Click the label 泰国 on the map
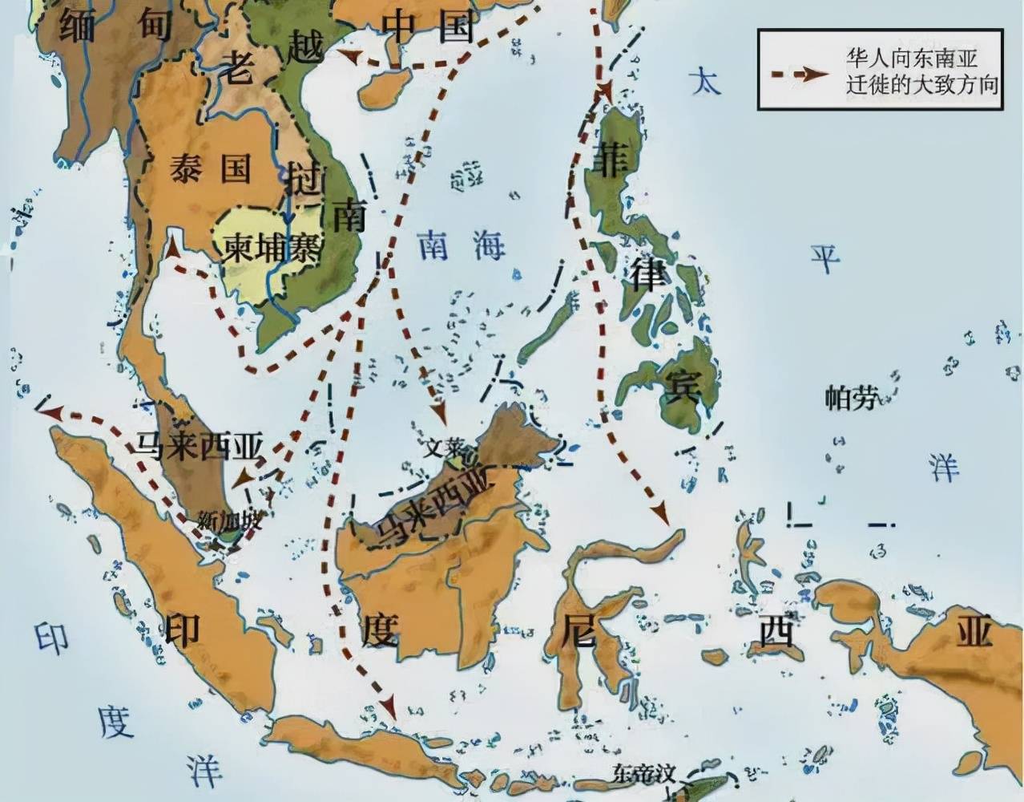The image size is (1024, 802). [x=210, y=170]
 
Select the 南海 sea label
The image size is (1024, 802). [x=463, y=245]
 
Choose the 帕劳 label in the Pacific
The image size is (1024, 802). [x=850, y=398]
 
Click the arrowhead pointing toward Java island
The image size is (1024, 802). [x=389, y=707]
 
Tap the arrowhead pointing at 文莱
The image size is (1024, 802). [x=438, y=413]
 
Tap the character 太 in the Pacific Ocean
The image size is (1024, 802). [x=705, y=80]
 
